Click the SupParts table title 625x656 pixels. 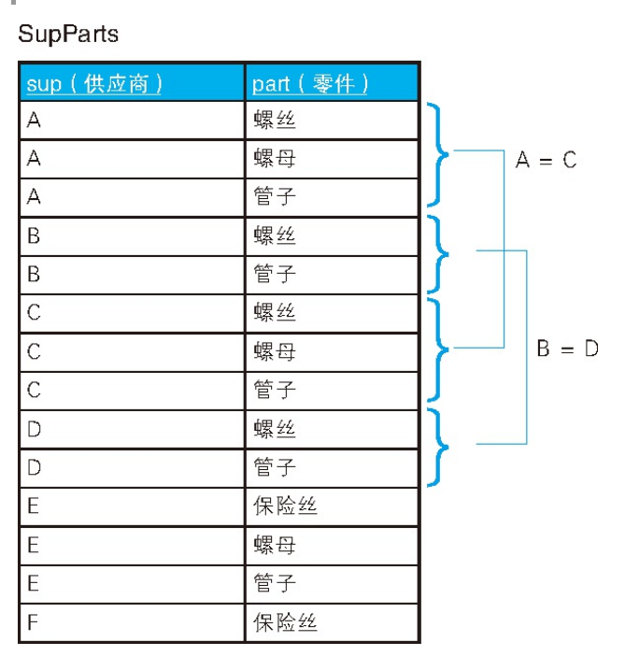coord(68,36)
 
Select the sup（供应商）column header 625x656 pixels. coord(94,83)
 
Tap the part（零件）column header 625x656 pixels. coord(310,83)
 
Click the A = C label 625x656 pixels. coord(546,160)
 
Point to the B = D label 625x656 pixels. coord(567,349)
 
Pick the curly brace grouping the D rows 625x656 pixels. coord(438,446)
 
